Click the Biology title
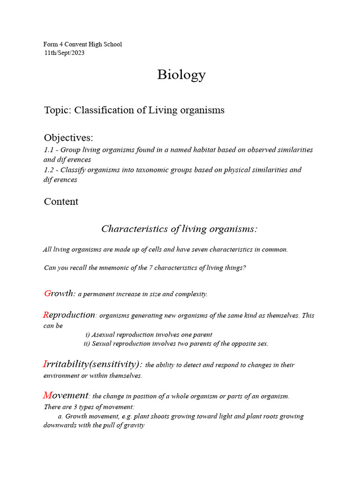[181, 75]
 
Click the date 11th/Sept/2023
[64, 53]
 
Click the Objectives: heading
[68, 138]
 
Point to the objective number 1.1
[48, 150]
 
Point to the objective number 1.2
[48, 170]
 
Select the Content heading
[61, 202]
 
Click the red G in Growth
[47, 293]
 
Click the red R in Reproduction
[46, 315]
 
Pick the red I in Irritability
[45, 364]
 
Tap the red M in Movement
[47, 395]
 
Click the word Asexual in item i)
[104, 335]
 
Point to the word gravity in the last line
[133, 426]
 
